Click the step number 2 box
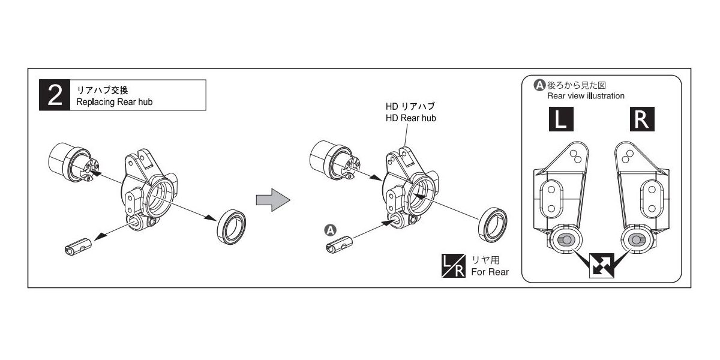click(55, 95)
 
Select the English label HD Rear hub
click(410, 118)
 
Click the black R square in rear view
click(641, 120)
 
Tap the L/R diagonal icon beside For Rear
click(453, 266)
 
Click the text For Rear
click(490, 272)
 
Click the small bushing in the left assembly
click(78, 245)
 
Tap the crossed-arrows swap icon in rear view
click(602, 266)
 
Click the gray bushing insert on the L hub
click(565, 240)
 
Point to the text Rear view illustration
click(586, 96)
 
